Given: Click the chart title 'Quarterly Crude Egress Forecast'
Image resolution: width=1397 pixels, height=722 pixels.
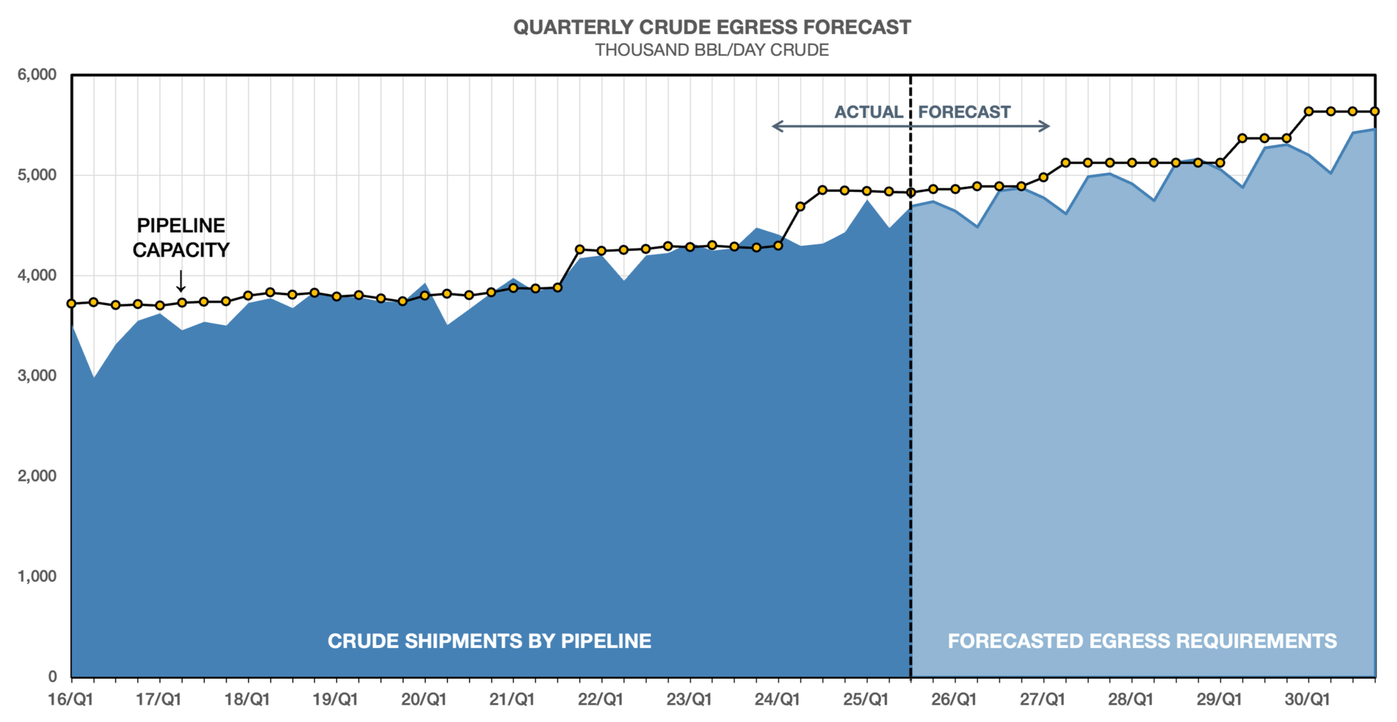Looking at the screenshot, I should tap(712, 27).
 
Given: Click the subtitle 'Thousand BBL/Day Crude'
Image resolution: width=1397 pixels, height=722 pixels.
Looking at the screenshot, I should tap(712, 50).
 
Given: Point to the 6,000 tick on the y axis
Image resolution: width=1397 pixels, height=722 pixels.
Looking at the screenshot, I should tap(37, 74).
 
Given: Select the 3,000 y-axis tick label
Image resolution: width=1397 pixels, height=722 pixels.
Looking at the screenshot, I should tap(37, 375).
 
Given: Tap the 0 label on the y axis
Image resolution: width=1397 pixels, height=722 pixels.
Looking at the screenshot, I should tap(52, 676).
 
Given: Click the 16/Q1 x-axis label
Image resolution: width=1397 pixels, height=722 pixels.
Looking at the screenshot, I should tap(70, 699).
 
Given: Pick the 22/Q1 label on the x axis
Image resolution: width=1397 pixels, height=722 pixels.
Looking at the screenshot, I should tap(600, 699).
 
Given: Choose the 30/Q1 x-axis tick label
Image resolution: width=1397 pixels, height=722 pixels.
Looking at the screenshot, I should tap(1307, 699).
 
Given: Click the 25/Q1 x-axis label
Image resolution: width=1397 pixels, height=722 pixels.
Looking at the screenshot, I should tap(866, 699).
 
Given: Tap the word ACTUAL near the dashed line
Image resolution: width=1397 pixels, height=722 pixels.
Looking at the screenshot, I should tap(868, 112).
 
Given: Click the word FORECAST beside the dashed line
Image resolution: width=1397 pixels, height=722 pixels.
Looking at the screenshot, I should tap(964, 112).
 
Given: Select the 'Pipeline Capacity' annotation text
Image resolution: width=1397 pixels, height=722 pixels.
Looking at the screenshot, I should tap(181, 237).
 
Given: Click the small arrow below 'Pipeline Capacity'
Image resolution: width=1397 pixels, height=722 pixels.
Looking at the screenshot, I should tap(181, 281).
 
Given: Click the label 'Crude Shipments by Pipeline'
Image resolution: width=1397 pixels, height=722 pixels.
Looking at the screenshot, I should tap(489, 641).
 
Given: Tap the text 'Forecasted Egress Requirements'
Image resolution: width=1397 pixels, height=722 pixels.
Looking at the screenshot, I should tap(1142, 641).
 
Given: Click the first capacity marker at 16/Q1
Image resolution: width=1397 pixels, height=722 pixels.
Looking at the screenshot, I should tap(72, 304).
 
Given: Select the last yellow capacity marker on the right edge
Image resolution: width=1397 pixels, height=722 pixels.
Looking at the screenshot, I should tap(1375, 111).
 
